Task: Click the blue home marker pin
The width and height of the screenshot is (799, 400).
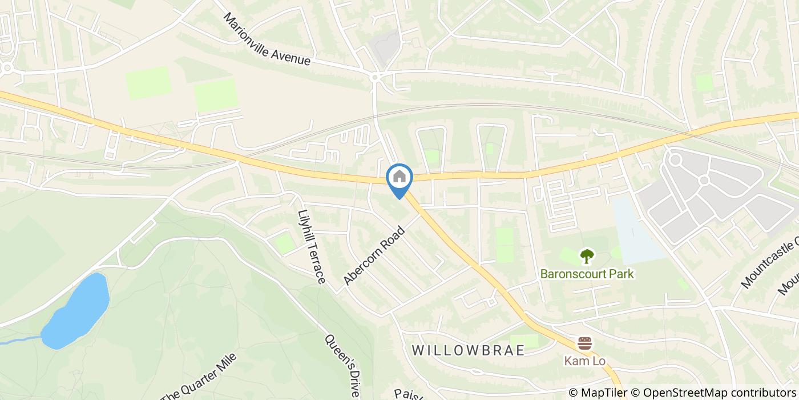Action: (x=399, y=177)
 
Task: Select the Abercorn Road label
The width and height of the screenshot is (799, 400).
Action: (x=374, y=255)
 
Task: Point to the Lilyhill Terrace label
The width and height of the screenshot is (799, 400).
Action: (x=311, y=246)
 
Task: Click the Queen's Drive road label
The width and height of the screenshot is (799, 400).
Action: (x=342, y=366)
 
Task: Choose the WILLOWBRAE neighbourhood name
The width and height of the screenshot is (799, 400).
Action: (x=468, y=350)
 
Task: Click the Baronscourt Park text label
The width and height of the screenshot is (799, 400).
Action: (x=587, y=274)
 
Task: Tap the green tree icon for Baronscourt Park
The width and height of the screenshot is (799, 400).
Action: (x=587, y=257)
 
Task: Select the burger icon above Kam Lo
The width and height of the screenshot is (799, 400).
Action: (x=584, y=343)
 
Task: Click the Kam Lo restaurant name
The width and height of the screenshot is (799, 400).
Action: (x=584, y=361)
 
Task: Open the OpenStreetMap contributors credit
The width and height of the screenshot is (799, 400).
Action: (x=720, y=393)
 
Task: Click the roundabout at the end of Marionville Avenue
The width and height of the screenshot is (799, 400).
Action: (x=376, y=77)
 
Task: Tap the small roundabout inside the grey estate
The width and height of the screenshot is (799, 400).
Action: (x=704, y=181)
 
